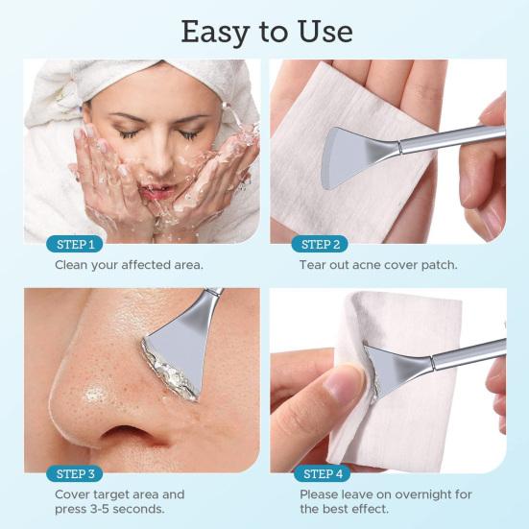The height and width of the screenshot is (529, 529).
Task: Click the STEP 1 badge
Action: (75, 244)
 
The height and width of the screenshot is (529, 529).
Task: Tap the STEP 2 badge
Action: (320, 244)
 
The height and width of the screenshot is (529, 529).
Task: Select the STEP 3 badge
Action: (75, 473)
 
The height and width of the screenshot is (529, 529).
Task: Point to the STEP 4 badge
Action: (322, 473)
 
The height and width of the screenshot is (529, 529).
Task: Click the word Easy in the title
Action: (215, 33)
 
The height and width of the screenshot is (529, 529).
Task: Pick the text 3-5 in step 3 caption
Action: (100, 509)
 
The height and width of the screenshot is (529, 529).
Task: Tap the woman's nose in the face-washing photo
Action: (161, 158)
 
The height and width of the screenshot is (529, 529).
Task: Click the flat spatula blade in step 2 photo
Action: (356, 156)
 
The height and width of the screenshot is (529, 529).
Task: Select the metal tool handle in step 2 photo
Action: (452, 137)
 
